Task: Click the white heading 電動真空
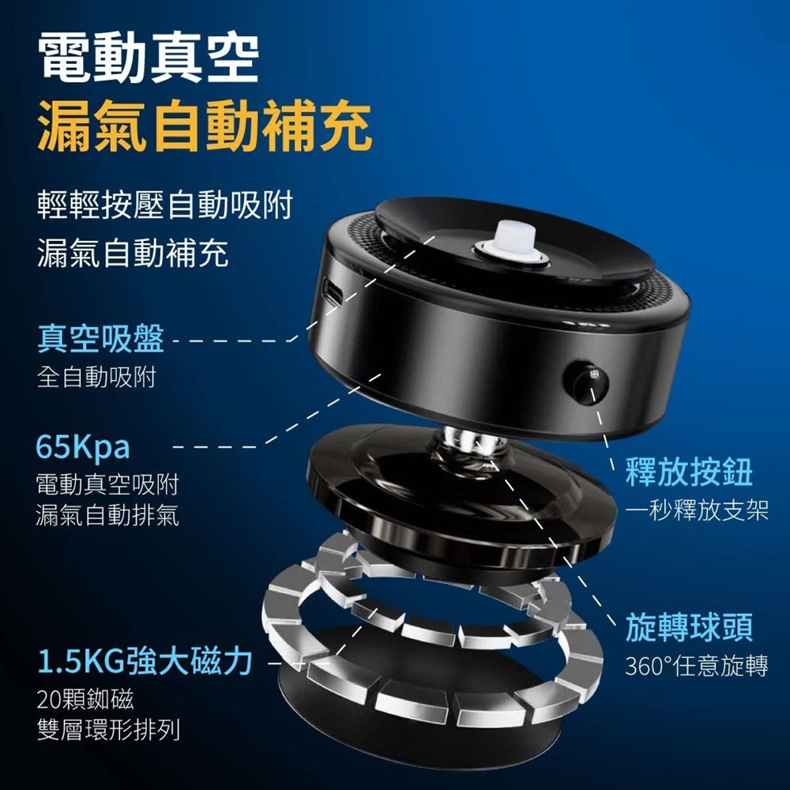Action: pyautogui.click(x=149, y=57)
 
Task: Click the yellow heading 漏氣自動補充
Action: pyautogui.click(x=205, y=126)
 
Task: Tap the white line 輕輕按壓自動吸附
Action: pyautogui.click(x=165, y=205)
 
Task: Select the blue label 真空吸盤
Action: pyautogui.click(x=101, y=338)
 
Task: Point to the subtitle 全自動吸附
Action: pyautogui.click(x=96, y=377)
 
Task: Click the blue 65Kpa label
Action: pyautogui.click(x=83, y=447)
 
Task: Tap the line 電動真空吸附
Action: pyautogui.click(x=107, y=485)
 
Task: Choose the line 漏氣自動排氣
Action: pyautogui.click(x=107, y=515)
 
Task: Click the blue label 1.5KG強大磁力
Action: pyautogui.click(x=145, y=661)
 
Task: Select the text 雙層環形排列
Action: pyautogui.click(x=108, y=729)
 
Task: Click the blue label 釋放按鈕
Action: pyautogui.click(x=689, y=472)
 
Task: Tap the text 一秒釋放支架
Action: pyautogui.click(x=697, y=510)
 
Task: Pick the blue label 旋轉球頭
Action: pyautogui.click(x=689, y=627)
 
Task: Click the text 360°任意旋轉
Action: pyautogui.click(x=697, y=665)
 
